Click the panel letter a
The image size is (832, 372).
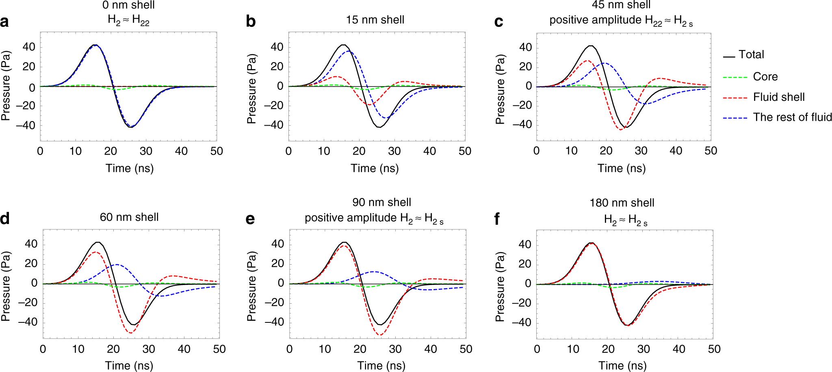click(4, 22)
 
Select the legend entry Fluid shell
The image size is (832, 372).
click(778, 97)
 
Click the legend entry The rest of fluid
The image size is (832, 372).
click(792, 117)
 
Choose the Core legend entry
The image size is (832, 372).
click(765, 77)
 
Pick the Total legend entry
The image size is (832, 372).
click(751, 54)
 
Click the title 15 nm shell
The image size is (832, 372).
click(375, 20)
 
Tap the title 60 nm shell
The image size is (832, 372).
click(129, 217)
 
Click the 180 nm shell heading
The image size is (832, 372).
click(622, 203)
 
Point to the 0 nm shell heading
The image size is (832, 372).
click(128, 5)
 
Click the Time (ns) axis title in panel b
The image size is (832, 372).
click(375, 168)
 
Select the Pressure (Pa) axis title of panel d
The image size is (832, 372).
click(6, 286)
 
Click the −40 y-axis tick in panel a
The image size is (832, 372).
click(26, 126)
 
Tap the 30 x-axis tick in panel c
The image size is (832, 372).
click(641, 151)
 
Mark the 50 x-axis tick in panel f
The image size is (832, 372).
click(714, 349)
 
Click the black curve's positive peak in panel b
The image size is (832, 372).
click(343, 45)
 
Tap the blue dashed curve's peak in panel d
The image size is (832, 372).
click(117, 265)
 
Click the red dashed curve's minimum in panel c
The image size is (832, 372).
click(621, 129)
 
